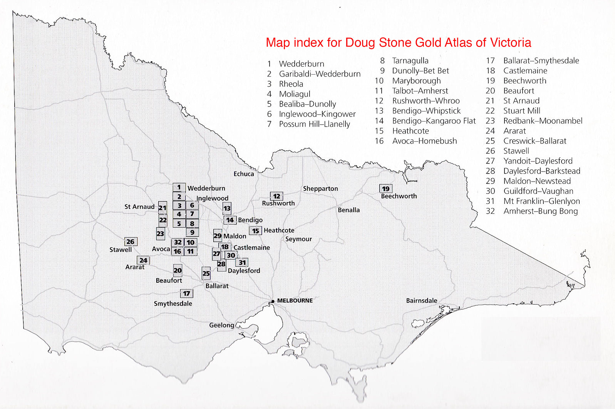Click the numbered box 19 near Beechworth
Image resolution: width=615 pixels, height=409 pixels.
[x=385, y=188]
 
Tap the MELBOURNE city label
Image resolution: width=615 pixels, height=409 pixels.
[x=295, y=300]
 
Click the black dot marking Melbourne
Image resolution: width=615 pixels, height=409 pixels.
[x=273, y=301]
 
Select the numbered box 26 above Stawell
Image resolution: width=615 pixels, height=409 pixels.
[x=131, y=242]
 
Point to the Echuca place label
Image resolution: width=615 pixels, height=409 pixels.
[x=244, y=174]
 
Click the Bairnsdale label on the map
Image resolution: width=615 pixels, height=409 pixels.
[x=421, y=300]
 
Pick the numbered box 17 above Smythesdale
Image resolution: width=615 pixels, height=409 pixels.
[x=186, y=293]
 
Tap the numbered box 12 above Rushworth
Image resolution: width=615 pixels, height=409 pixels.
[x=276, y=196]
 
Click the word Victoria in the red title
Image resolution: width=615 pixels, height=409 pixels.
[x=510, y=42]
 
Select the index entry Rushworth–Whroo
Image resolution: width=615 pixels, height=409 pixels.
[x=426, y=101]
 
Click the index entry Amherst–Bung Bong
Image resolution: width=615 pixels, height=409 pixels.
[x=540, y=211]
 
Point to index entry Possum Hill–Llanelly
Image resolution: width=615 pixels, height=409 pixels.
[x=314, y=124]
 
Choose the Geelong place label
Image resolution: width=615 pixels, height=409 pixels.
[x=221, y=325]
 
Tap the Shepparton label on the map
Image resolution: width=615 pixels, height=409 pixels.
[x=320, y=189]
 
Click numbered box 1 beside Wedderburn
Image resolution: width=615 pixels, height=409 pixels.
[x=179, y=187]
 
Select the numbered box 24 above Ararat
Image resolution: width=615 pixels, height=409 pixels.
[x=143, y=260]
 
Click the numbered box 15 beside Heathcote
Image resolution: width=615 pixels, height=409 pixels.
[x=256, y=230]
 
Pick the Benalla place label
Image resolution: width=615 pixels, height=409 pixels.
[x=349, y=210]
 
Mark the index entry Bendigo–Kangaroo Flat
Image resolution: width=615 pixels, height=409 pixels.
[x=434, y=121]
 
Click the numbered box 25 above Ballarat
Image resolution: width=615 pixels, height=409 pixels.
[x=206, y=273]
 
